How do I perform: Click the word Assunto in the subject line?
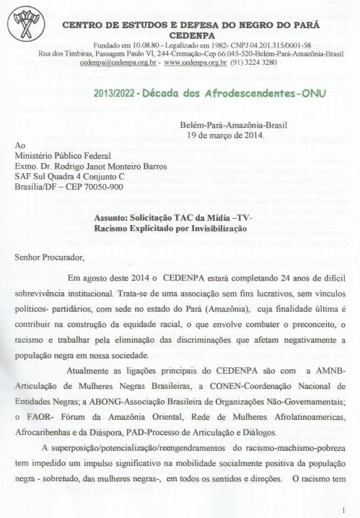pos(114,217)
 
